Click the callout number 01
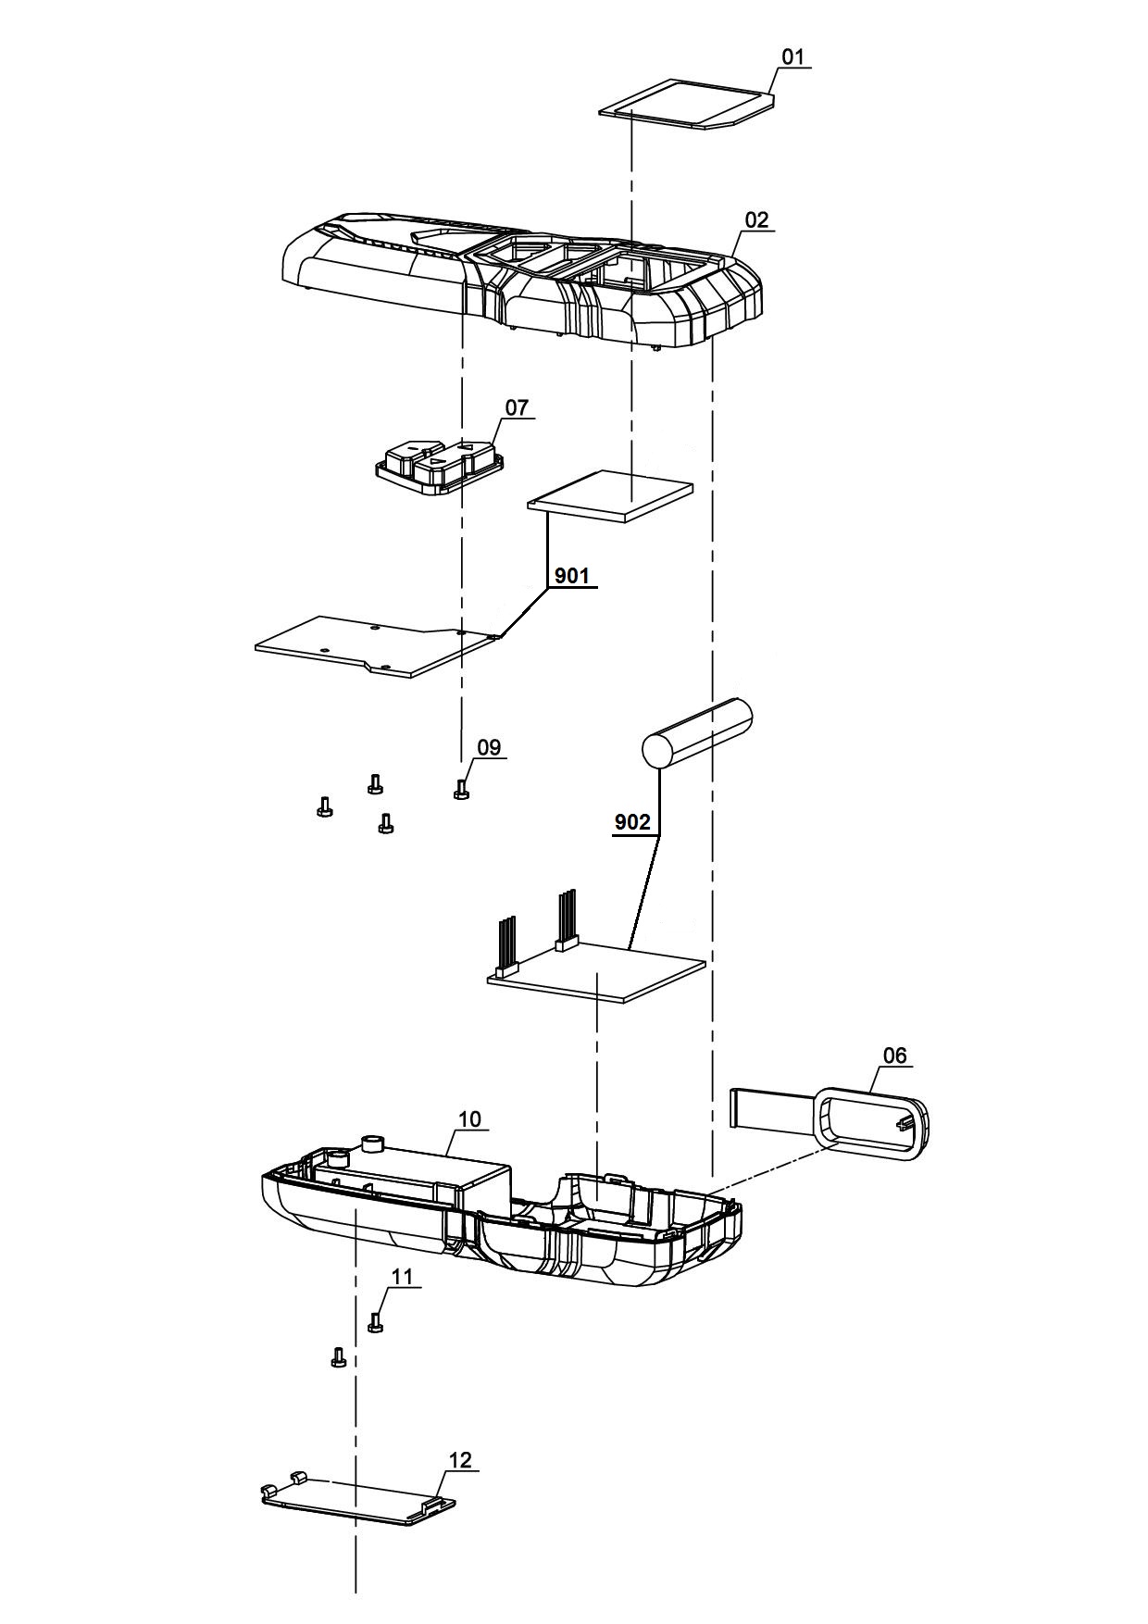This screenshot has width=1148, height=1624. pos(793,57)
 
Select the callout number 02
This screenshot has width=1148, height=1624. pos(756,220)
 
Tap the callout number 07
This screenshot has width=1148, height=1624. pos(517,407)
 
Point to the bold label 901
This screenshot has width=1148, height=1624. pos(571,576)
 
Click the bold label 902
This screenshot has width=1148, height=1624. pos(632,822)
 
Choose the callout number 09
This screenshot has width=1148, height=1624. pos(489,747)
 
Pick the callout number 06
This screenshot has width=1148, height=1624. pos(895,1056)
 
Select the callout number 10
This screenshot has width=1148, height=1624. pos(469,1118)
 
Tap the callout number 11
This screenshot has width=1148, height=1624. pos(402,1276)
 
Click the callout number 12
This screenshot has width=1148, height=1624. pos(460,1460)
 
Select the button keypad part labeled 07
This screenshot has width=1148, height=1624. pos(440,465)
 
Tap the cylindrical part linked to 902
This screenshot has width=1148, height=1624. pos(697,733)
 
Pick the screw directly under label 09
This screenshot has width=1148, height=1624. pos(460,789)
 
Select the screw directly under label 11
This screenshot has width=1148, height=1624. pos(375,1323)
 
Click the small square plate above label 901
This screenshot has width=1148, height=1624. pos(611,496)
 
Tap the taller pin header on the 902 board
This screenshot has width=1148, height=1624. pos(565,918)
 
